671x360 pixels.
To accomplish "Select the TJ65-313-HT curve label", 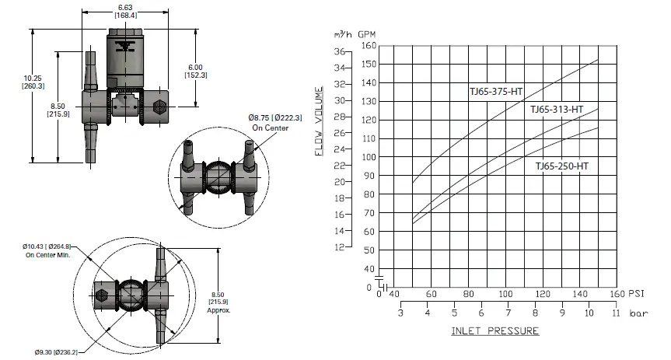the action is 557,110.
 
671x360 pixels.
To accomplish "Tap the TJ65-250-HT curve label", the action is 561,166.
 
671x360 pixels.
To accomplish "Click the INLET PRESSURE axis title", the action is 495,331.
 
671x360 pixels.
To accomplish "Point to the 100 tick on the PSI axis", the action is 505,294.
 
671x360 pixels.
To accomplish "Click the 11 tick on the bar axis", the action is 617,313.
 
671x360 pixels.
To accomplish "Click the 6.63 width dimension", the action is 125,6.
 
